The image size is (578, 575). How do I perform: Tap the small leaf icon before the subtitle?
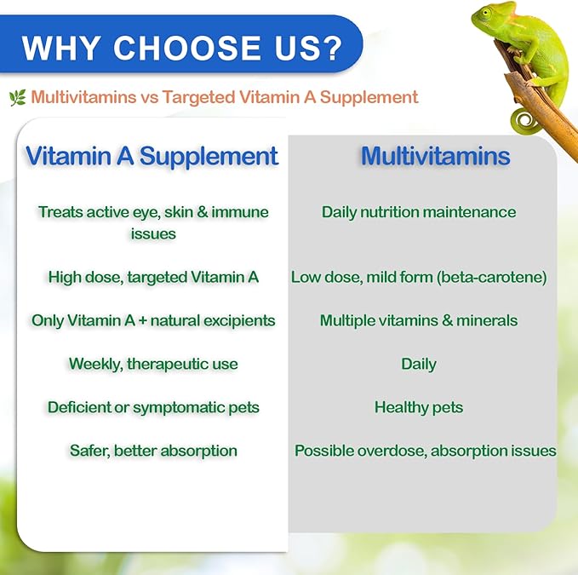(17, 98)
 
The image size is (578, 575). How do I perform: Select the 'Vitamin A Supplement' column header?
(152, 156)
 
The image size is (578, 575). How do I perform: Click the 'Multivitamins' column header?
(435, 156)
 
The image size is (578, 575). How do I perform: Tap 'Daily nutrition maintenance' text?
(418, 212)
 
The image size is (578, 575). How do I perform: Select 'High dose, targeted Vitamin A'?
(153, 277)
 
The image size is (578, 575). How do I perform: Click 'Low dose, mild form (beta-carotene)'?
(418, 277)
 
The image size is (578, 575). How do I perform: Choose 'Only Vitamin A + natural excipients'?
(153, 321)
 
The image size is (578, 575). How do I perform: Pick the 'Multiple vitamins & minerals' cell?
(418, 321)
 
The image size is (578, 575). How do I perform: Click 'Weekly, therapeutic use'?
(153, 365)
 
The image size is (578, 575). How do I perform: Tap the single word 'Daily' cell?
(418, 365)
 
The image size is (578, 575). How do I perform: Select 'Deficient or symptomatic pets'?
(153, 407)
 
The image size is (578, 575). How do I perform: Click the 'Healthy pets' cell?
(418, 407)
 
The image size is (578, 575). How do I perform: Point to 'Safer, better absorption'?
(153, 451)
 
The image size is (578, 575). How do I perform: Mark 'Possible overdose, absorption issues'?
(425, 451)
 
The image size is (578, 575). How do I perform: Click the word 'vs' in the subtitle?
(150, 98)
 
